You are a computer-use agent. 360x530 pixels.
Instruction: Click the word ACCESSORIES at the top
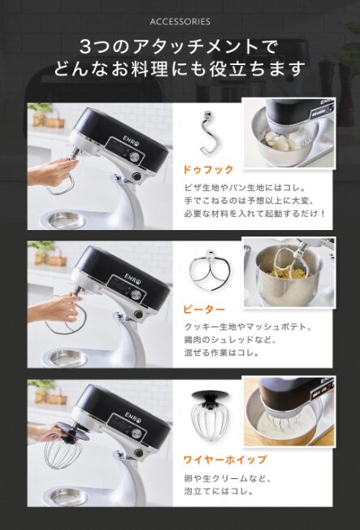[x=180, y=22]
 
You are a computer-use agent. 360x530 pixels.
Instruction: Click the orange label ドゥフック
[x=208, y=170]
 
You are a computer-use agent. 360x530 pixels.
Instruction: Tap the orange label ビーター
[x=204, y=309]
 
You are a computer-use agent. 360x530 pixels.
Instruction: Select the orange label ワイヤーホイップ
[x=225, y=460]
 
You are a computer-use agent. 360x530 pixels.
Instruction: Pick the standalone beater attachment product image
[x=210, y=272]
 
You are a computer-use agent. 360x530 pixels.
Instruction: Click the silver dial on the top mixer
[x=135, y=157]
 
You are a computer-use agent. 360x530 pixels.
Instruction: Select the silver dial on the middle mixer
[x=136, y=294]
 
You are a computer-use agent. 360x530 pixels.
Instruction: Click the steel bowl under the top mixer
[x=65, y=219]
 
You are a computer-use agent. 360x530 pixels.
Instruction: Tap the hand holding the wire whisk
[x=45, y=432]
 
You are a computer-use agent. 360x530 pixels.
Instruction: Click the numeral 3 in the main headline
[x=85, y=48]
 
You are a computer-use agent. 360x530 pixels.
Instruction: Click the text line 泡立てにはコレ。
[x=219, y=491]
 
